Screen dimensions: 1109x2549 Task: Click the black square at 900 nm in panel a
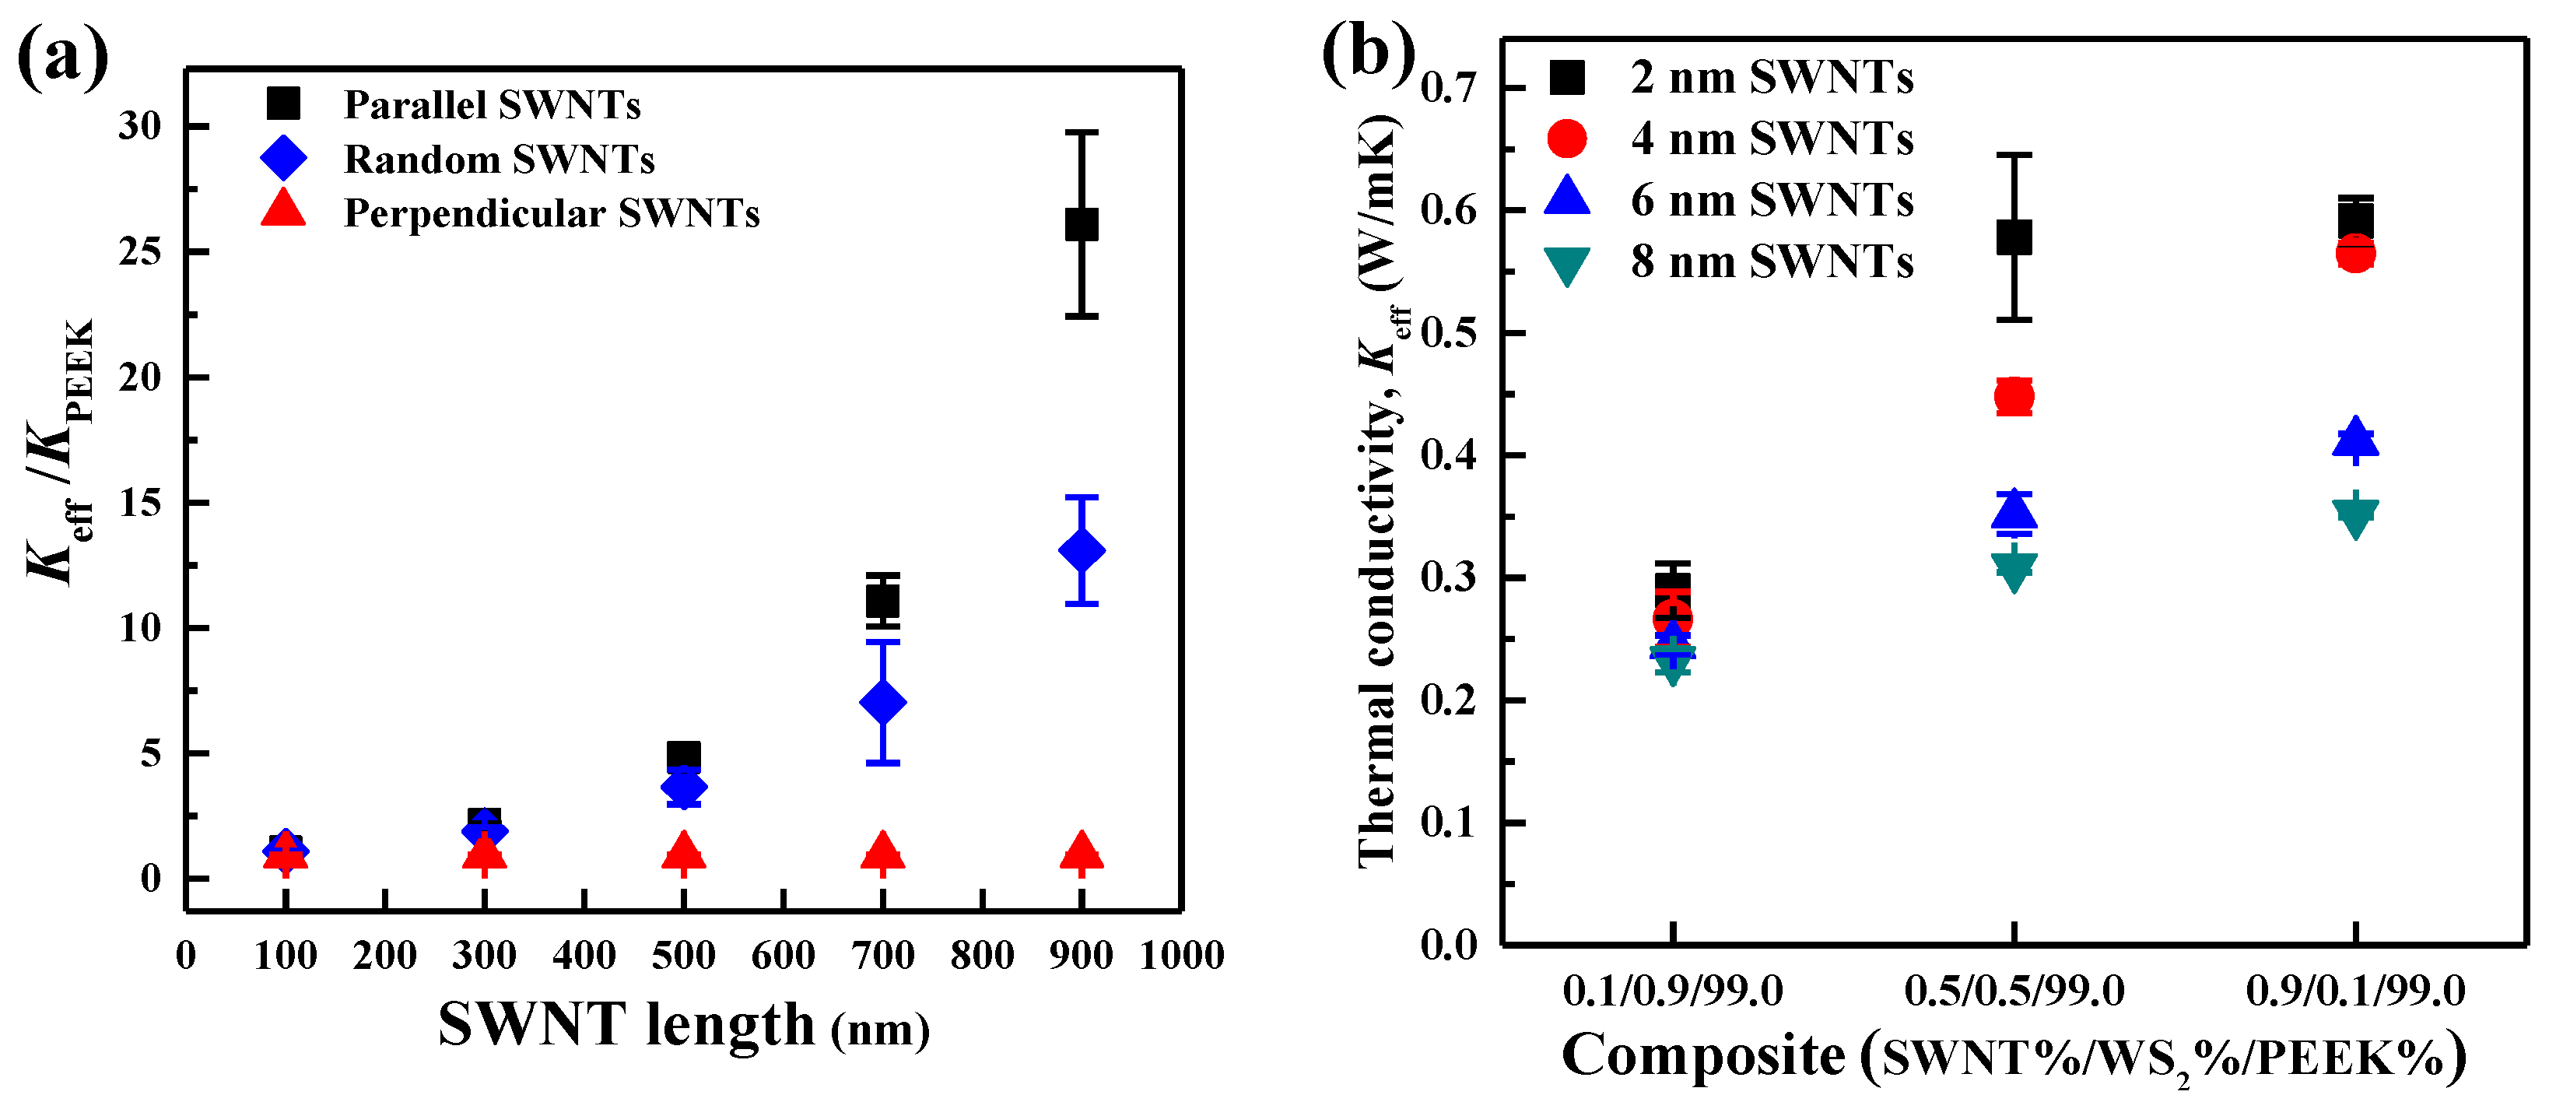point(1081,225)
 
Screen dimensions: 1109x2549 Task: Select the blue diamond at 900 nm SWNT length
point(1081,550)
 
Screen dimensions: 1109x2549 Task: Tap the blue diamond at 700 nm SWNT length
point(882,703)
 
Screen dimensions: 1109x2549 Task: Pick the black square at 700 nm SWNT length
point(882,601)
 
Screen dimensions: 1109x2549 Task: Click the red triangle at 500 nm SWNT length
point(683,851)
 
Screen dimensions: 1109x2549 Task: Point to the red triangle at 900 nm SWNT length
point(1081,851)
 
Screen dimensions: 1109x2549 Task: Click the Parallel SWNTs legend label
point(492,105)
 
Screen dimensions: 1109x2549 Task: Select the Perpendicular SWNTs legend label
point(551,214)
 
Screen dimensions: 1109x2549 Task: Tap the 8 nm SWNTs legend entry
point(1771,262)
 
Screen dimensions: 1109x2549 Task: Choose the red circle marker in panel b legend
point(1566,139)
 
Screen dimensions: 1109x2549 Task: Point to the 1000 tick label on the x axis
point(1181,956)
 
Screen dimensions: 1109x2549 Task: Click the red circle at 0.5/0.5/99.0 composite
point(2014,397)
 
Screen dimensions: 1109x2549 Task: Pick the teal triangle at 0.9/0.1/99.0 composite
point(2355,515)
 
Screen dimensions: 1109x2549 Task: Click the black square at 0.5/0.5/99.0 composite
point(2014,237)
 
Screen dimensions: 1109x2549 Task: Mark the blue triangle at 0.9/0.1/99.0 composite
point(2355,437)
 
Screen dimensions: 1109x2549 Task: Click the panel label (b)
point(1368,51)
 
